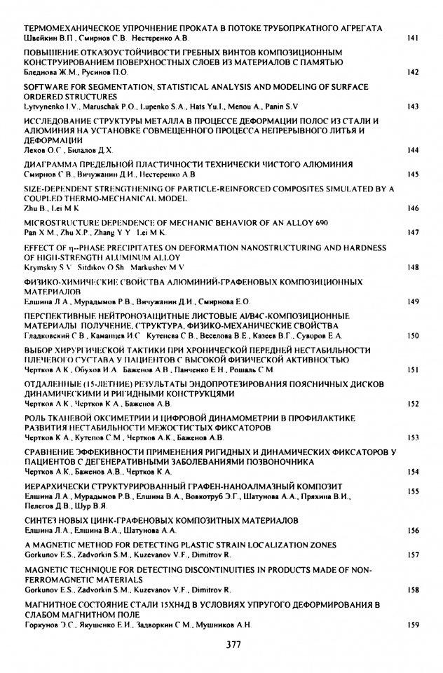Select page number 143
412,107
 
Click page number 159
412,624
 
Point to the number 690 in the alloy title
309,222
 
